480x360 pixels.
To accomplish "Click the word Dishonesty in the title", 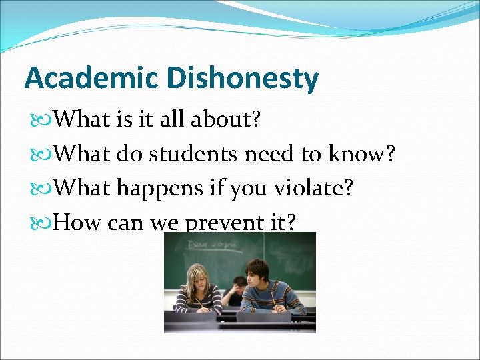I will click(x=243, y=79).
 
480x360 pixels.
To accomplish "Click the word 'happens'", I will click(x=160, y=189).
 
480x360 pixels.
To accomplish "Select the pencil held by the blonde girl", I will click(x=199, y=304).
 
